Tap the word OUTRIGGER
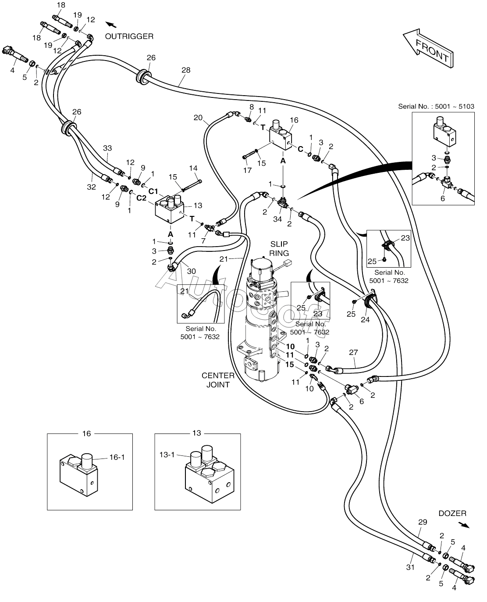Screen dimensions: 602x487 (x=129, y=36)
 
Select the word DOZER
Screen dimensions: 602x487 (x=452, y=513)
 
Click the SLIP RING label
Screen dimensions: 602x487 (x=279, y=249)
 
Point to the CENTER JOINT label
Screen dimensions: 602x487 (x=218, y=380)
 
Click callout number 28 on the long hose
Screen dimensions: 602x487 (x=186, y=70)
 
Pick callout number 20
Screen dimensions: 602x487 (x=198, y=117)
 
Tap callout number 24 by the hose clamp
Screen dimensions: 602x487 (x=365, y=319)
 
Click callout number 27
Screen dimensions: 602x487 (x=354, y=352)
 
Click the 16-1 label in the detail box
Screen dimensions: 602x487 (x=117, y=457)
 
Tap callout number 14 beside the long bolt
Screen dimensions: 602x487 (x=193, y=168)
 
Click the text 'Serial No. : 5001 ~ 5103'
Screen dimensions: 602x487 (x=436, y=106)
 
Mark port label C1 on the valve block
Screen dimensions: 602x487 (x=153, y=191)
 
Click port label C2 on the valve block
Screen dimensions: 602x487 (x=141, y=198)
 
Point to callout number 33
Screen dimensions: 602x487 (x=107, y=148)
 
